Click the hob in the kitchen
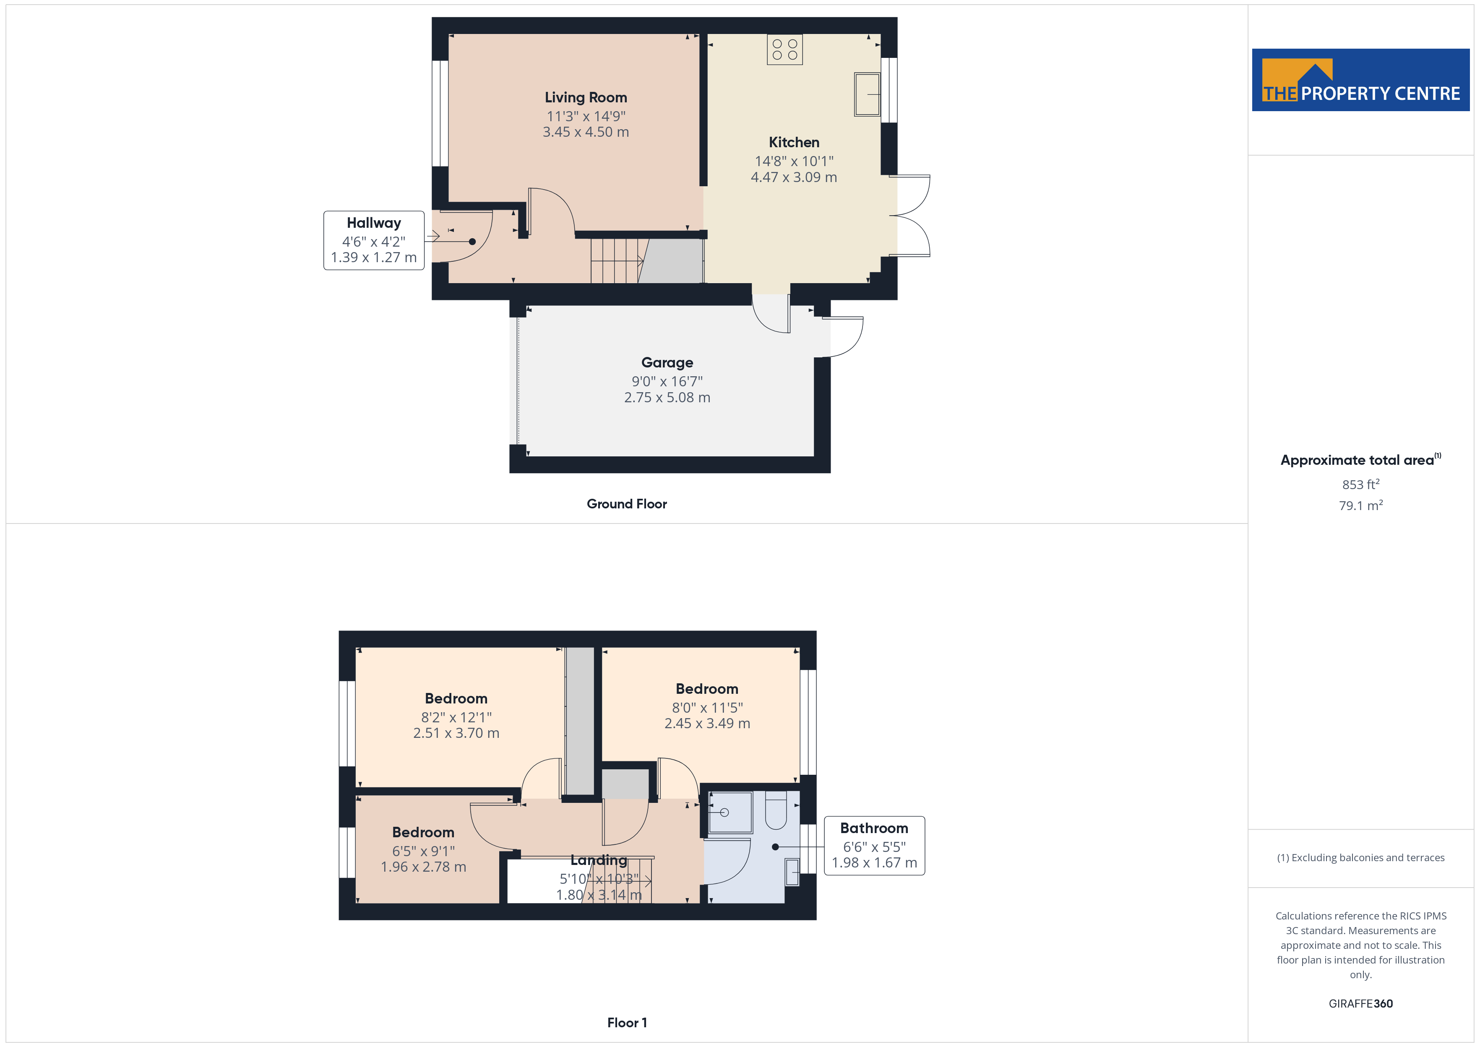(x=784, y=49)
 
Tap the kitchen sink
(x=867, y=94)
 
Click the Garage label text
(x=667, y=362)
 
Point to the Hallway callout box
(x=374, y=240)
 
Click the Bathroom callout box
(x=874, y=846)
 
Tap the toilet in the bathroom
(x=776, y=811)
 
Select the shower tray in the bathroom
(x=730, y=813)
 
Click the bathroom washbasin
(x=792, y=872)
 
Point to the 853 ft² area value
(x=1361, y=484)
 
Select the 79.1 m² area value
(x=1361, y=505)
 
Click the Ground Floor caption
(x=627, y=504)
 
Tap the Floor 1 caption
(x=627, y=1023)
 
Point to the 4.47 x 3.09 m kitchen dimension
(x=794, y=177)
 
